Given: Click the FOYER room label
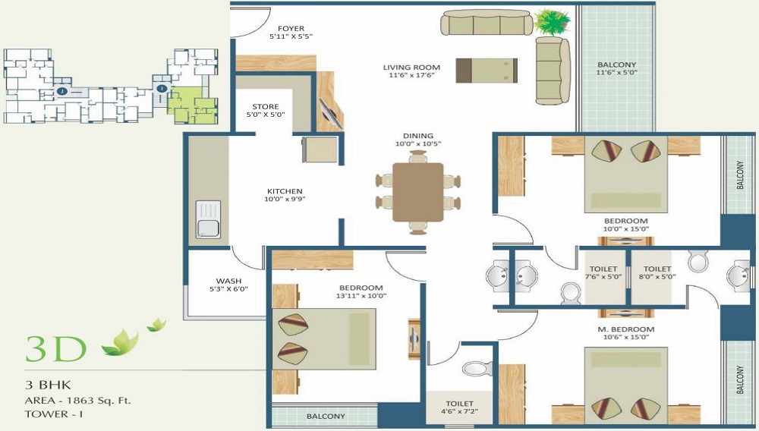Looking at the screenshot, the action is pos(291,29).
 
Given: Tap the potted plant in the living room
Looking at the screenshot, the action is pos(552,22).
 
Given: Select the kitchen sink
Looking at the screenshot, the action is pos(208,219).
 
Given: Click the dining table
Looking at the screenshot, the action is pos(417,192).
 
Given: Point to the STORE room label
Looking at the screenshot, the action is pos(265,106).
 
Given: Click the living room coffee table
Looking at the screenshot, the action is pos(487,71).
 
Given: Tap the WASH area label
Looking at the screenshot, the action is pos(229,281).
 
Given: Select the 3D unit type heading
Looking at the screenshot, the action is pos(56,349).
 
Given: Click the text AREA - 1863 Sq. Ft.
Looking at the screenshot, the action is pos(78,401).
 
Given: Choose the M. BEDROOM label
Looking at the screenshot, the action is pos(626,329).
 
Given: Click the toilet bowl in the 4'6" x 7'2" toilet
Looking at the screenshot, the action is pos(477,369).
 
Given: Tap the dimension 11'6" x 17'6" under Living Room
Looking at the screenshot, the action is pos(411,75).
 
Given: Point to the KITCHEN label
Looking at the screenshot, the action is pos(285,191).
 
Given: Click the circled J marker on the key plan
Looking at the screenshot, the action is pos(61,91).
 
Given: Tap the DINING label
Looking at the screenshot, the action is pos(418,135).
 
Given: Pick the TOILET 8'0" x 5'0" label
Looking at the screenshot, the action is pos(657,272).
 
